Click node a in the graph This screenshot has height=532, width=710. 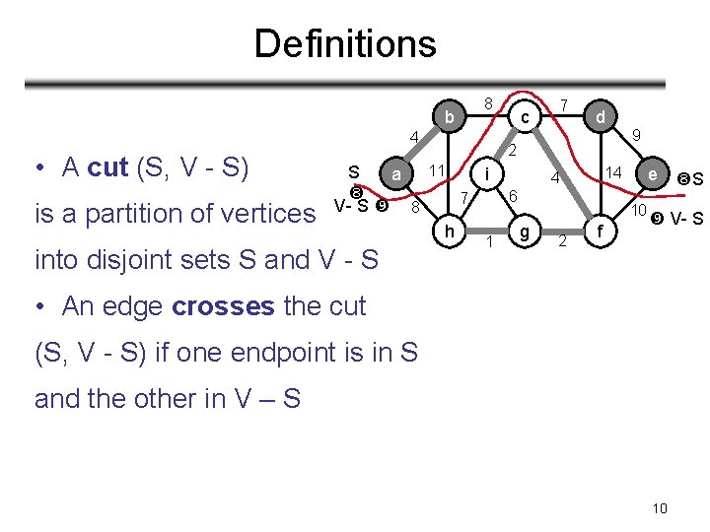[x=395, y=175]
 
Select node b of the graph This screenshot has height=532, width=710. [x=449, y=118]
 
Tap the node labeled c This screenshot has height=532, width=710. [x=526, y=118]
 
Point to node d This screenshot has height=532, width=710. [x=599, y=118]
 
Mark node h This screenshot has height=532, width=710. [x=449, y=233]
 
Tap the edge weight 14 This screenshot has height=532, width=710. [x=613, y=173]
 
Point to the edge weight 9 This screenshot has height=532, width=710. [x=637, y=136]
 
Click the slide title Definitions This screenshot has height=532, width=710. [x=344, y=43]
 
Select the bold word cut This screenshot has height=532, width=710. [x=108, y=167]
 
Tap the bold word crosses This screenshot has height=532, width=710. [x=224, y=306]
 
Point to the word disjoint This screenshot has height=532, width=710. [x=133, y=260]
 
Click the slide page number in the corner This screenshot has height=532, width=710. [x=660, y=508]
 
